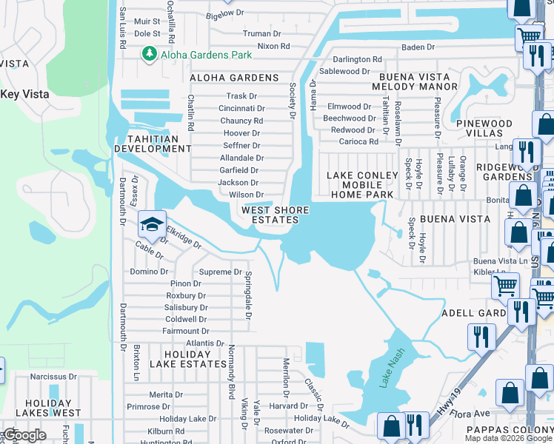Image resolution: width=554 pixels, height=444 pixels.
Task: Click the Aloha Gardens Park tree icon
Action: point(149,54)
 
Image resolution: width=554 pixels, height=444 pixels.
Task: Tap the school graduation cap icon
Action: point(151,224)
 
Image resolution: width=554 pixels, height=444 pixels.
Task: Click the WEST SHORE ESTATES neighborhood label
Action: point(276,215)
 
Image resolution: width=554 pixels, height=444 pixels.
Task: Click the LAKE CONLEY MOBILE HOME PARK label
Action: point(360,185)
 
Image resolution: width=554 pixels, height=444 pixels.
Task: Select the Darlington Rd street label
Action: point(357,59)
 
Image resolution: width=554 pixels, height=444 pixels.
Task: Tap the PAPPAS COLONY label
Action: point(511,429)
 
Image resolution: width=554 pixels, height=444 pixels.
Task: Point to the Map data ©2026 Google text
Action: point(508,438)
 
